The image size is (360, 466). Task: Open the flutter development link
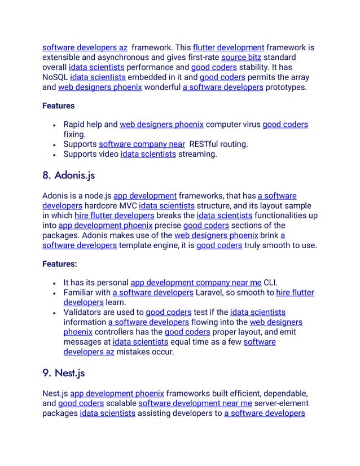coord(229,47)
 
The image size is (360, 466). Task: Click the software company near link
coord(142,144)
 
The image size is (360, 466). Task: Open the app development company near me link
coord(196,282)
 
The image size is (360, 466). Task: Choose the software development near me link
coord(195,403)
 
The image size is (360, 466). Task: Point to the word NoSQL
coord(55,77)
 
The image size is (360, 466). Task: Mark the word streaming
coord(197,154)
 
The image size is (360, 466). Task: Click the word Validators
coord(85,312)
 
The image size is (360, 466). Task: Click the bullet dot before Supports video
coord(53,154)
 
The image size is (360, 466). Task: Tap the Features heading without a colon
coord(59,105)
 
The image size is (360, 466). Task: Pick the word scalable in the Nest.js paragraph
coord(121,403)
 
